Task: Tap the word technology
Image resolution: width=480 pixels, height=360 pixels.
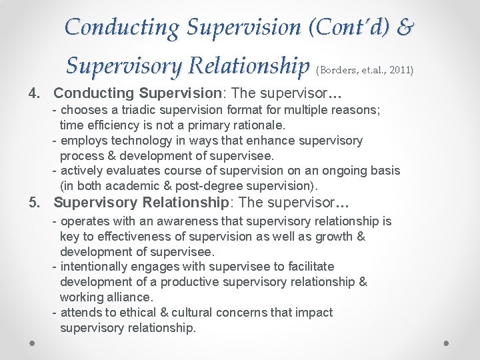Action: pyautogui.click(x=129, y=141)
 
